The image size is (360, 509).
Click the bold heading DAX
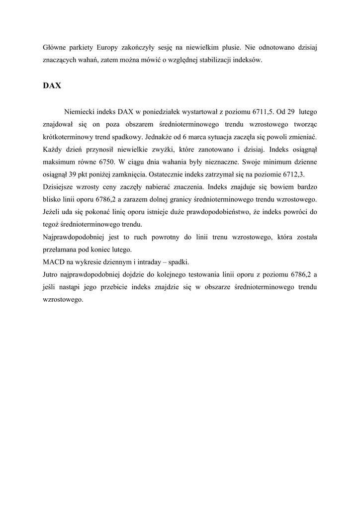(x=52, y=85)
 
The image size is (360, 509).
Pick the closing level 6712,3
(x=293, y=174)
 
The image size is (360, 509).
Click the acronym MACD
(x=54, y=262)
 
